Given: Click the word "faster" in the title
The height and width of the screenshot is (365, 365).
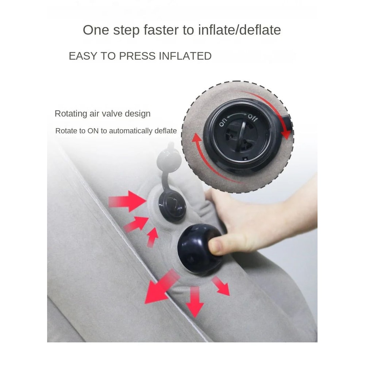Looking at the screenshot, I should click(163, 30).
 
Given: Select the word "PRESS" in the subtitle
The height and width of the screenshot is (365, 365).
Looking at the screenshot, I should click(135, 56).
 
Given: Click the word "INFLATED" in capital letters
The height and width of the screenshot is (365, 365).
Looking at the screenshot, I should click(185, 56).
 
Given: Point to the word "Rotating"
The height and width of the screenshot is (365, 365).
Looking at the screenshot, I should click(70, 114).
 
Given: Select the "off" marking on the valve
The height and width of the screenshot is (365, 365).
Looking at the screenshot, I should click(253, 118).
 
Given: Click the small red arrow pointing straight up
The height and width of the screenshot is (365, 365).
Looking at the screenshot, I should click(152, 237).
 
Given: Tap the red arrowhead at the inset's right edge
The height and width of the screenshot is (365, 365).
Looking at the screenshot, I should click(287, 134).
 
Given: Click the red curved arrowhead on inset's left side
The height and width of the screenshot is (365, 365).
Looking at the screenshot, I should click(197, 139).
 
